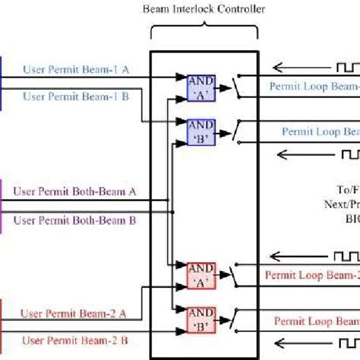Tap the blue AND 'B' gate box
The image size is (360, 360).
pos(201,131)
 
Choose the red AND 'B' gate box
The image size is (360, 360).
pos(201,319)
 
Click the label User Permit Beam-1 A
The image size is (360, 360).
pos(75,69)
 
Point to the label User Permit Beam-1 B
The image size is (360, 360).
pos(75,96)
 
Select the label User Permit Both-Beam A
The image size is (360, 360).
pos(75,193)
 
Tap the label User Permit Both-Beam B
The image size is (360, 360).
pos(75,220)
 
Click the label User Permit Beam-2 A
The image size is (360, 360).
pos(75,312)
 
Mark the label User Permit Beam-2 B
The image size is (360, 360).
pos(75,339)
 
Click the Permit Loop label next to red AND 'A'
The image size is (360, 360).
pos(311,274)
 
